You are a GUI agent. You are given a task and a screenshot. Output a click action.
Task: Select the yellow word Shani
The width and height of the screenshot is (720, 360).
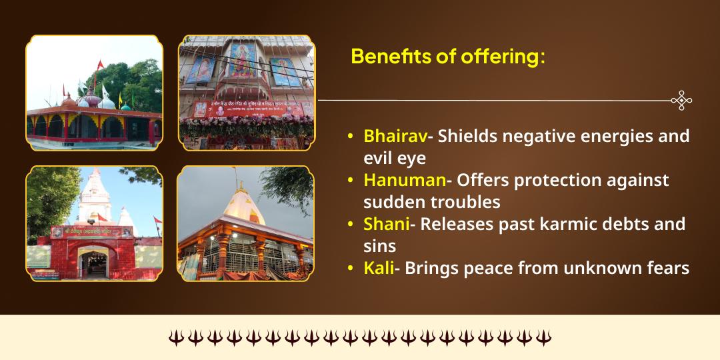386,224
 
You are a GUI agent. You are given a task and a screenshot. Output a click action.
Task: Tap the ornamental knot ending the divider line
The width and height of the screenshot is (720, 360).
681,101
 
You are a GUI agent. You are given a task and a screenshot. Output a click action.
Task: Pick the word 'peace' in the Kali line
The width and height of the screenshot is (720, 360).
480,268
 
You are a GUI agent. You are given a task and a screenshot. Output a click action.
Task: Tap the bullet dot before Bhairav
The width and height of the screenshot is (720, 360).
351,137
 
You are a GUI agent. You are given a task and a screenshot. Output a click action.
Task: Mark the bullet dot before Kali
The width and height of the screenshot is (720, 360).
351,269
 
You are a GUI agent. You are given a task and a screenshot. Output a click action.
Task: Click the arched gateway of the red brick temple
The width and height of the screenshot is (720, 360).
93,261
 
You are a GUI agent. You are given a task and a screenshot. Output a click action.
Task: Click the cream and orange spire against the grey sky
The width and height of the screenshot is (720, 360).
243,203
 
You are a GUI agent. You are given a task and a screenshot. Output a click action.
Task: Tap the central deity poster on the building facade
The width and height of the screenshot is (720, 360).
243,61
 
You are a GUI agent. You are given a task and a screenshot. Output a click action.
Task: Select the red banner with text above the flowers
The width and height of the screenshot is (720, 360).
245,108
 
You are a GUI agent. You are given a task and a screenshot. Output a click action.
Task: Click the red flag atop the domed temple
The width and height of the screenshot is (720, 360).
101,65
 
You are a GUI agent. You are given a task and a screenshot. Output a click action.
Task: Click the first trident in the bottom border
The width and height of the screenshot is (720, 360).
175,338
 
